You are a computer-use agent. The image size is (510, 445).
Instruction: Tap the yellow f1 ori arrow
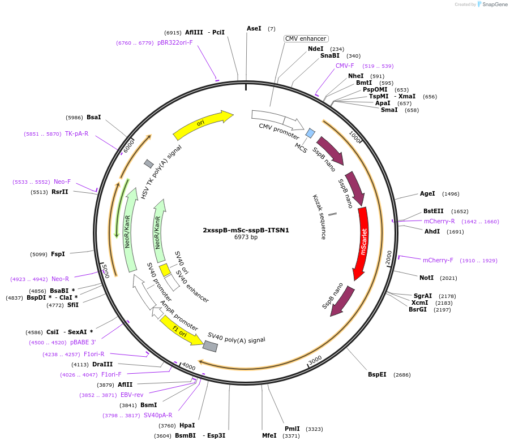click(181, 331)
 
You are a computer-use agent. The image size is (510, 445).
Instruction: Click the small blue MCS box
click(310, 133)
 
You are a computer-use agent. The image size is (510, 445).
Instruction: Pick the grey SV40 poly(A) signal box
click(210, 345)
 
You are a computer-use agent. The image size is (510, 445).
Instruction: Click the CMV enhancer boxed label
click(306, 38)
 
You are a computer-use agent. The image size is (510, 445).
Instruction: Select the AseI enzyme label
click(254, 28)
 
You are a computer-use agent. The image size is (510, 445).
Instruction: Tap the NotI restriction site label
click(427, 278)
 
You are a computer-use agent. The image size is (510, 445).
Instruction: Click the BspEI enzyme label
click(377, 374)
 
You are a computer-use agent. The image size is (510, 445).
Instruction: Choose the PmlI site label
click(293, 429)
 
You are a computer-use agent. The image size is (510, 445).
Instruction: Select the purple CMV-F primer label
click(345, 66)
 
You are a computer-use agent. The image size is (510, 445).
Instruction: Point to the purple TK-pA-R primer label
click(76, 133)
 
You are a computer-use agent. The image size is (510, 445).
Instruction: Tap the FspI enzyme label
click(58, 254)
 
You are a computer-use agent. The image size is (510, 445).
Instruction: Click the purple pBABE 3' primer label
click(83, 342)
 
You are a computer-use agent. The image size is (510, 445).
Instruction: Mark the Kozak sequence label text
click(319, 217)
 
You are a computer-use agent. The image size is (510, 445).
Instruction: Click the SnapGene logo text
click(494, 5)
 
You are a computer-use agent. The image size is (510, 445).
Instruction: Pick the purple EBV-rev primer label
click(132, 395)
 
